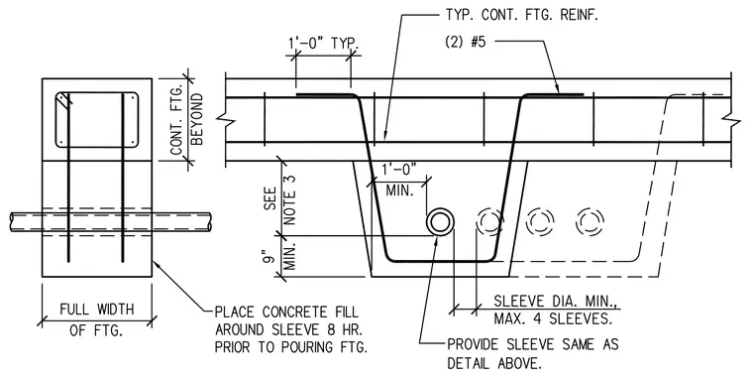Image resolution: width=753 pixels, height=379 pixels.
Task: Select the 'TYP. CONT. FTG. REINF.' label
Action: (521, 15)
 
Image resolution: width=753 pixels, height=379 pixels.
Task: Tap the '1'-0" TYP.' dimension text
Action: (323, 43)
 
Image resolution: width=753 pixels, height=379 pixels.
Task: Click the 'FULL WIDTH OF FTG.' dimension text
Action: (96, 318)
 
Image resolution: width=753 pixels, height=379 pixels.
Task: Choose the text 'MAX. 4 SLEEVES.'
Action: (553, 318)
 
